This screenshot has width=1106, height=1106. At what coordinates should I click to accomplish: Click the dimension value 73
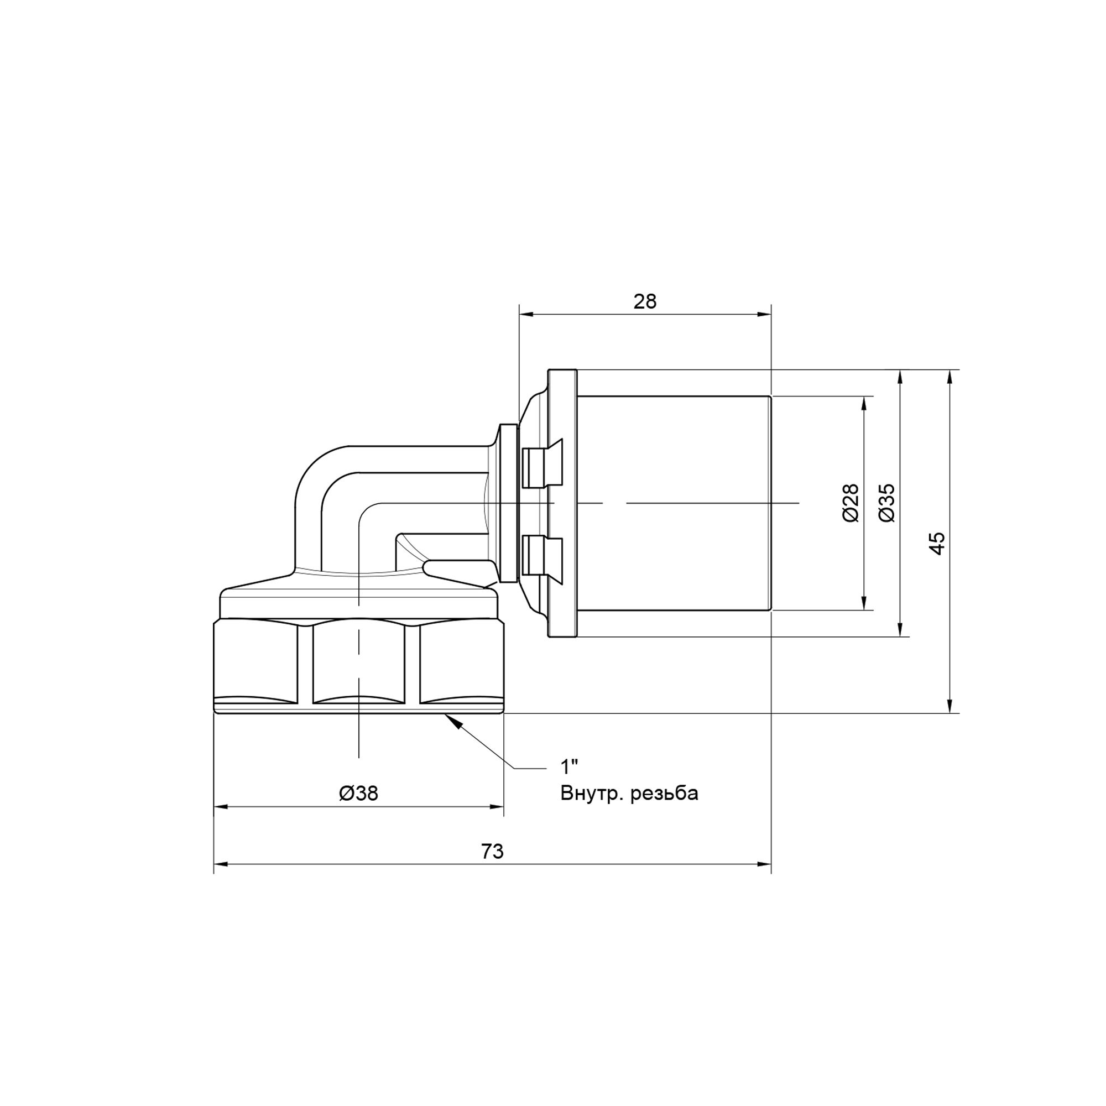[492, 851]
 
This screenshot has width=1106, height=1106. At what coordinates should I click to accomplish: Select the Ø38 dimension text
[358, 793]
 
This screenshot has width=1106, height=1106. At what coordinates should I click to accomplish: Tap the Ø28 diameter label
[851, 503]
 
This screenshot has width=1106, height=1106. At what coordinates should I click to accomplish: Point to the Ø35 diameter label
[885, 503]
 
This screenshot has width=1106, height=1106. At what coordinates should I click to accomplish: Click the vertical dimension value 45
[937, 543]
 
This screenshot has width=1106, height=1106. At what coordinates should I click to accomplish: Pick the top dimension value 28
[645, 302]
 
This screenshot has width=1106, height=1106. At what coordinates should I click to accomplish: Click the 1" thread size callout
[569, 766]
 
